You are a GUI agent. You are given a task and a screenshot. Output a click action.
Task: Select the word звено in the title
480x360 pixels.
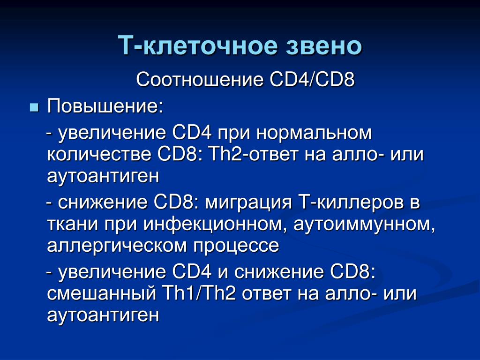point(324,46)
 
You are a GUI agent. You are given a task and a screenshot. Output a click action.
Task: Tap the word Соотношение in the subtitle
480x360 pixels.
point(200,80)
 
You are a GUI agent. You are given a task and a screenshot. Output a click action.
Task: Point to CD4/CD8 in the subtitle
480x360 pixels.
point(312,80)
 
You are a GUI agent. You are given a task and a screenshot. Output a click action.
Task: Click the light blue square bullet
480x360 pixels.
point(34,108)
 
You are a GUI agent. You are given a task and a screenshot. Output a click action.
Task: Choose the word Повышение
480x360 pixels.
point(105,107)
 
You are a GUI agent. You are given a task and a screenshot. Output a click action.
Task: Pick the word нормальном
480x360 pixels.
point(314,134)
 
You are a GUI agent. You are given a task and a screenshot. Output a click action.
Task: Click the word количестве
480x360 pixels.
point(99,154)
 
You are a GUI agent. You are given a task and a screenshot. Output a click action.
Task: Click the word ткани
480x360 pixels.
point(73,225)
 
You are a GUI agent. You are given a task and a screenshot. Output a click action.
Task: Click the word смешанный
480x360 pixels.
point(102,294)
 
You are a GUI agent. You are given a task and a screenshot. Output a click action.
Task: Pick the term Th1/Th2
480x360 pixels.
point(199,293)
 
